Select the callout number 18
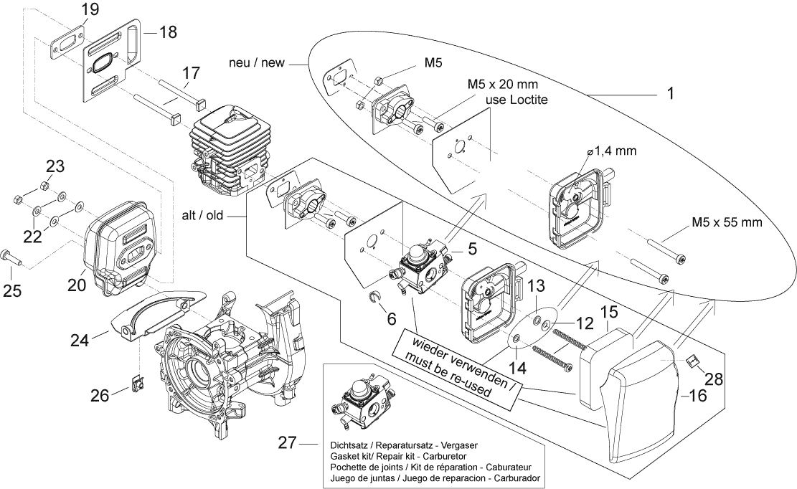(x=167, y=32)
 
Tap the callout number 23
(x=55, y=167)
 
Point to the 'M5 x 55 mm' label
(x=726, y=222)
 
